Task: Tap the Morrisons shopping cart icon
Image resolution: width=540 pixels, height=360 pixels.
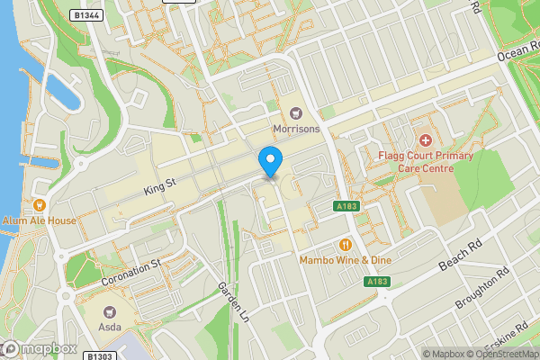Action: (x=295, y=112)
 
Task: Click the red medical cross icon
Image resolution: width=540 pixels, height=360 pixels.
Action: (x=425, y=140)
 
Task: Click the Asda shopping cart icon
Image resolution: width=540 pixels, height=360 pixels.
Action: (x=107, y=307)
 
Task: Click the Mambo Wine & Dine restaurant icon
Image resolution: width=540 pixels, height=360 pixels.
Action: (x=346, y=245)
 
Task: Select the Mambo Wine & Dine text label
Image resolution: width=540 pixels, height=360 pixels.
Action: (x=346, y=261)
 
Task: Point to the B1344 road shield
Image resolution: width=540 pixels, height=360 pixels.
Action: (x=87, y=15)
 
